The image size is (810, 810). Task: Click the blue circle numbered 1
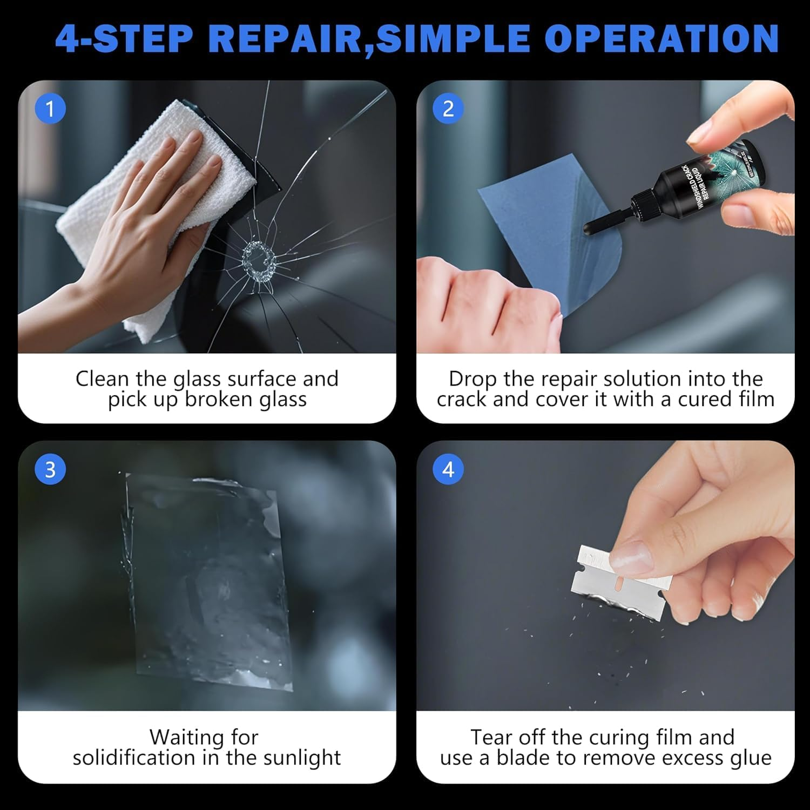point(50,109)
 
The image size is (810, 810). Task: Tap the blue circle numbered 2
point(448,109)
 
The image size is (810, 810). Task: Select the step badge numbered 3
point(50,470)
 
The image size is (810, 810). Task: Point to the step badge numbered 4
point(448,470)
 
